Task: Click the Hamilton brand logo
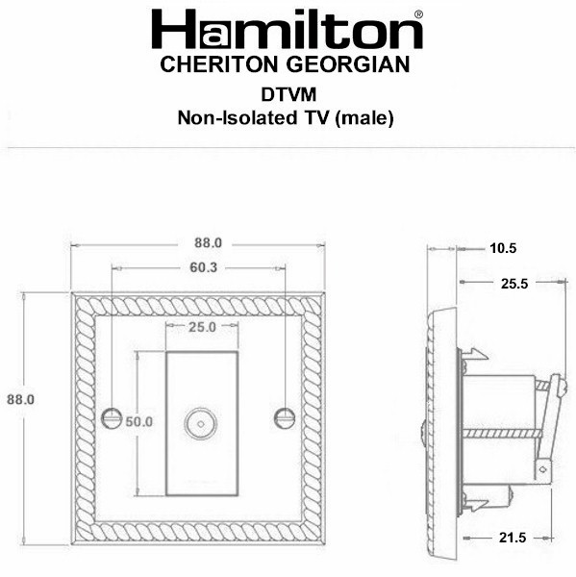pyautogui.click(x=288, y=30)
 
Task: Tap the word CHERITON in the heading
pyautogui.click(x=219, y=64)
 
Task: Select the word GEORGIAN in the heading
pyautogui.click(x=348, y=64)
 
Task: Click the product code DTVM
pyautogui.click(x=288, y=95)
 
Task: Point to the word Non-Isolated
pyautogui.click(x=238, y=118)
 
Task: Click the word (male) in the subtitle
pyautogui.click(x=364, y=118)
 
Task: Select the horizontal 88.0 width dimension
pyautogui.click(x=209, y=243)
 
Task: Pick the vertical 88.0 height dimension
pyautogui.click(x=20, y=399)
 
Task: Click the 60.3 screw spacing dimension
pyautogui.click(x=204, y=267)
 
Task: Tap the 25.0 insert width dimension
pyautogui.click(x=203, y=327)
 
